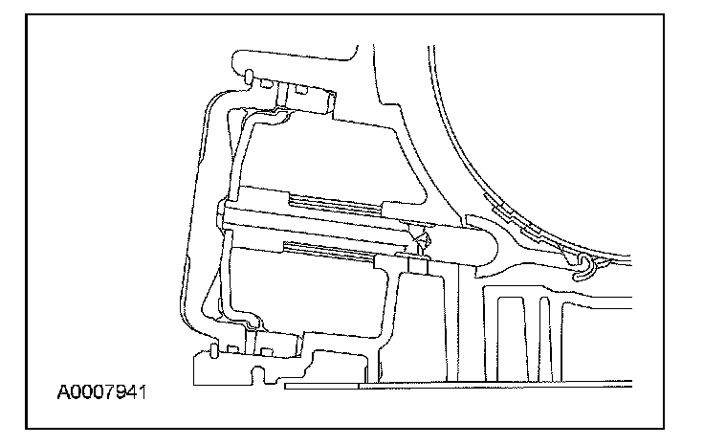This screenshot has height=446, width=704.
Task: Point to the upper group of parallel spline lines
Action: (x=335, y=202)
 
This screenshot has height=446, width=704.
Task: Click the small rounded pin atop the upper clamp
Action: (x=248, y=75)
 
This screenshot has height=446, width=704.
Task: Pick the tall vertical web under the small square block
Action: (x=451, y=325)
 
